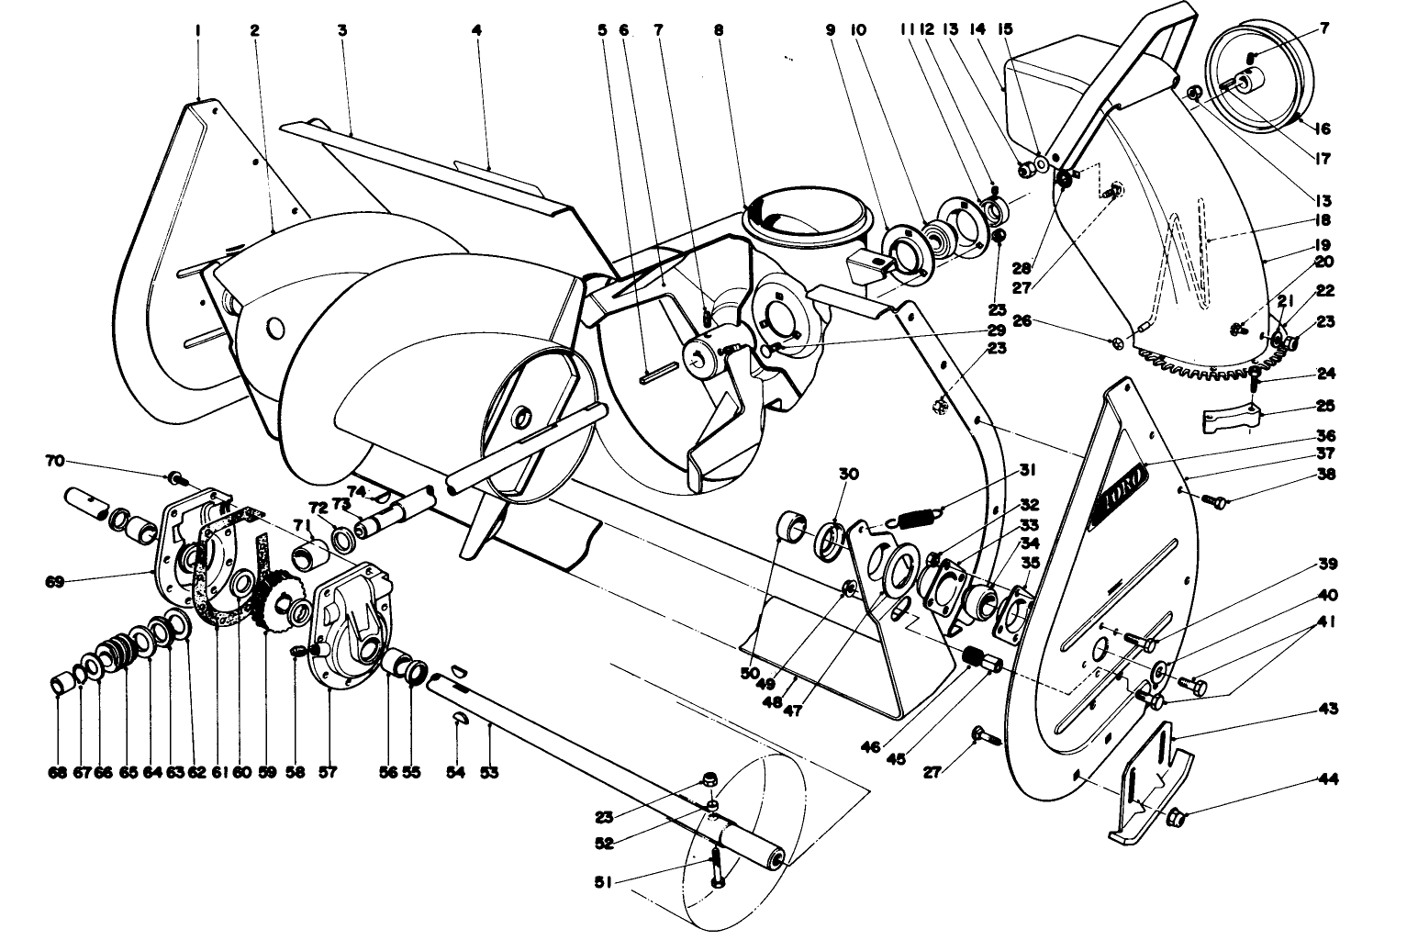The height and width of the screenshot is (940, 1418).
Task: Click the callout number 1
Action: coord(197,30)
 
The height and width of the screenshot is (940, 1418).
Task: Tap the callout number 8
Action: coord(718,30)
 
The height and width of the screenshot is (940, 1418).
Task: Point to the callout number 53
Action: coord(489,773)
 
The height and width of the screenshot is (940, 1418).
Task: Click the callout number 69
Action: coord(53,581)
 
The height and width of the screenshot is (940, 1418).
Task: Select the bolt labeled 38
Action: coord(1212,500)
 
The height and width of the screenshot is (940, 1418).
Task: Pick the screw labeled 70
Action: coord(175,478)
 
